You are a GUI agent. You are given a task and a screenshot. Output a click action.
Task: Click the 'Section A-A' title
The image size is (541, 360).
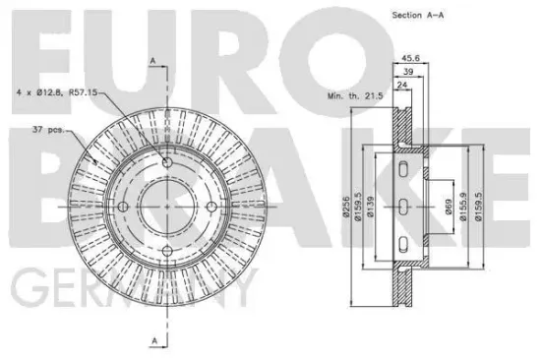point(418,15)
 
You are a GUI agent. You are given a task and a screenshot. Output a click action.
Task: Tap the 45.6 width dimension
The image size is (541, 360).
point(410,58)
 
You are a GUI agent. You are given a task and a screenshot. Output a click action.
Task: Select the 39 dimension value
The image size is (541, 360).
point(408,72)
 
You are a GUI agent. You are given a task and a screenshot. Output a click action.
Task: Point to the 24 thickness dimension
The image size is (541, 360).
point(402,85)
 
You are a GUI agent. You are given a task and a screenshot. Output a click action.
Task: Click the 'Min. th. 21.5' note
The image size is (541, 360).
point(355,96)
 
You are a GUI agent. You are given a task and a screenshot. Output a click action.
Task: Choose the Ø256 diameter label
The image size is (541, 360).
point(347,207)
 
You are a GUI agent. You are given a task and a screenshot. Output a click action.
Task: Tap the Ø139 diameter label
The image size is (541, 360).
point(371,207)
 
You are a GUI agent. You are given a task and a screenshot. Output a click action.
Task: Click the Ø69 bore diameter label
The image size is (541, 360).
point(449,207)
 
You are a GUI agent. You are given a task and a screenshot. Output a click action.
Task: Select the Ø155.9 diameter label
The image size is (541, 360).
point(463,207)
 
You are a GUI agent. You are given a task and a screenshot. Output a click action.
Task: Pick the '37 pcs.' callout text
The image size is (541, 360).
point(48,130)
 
